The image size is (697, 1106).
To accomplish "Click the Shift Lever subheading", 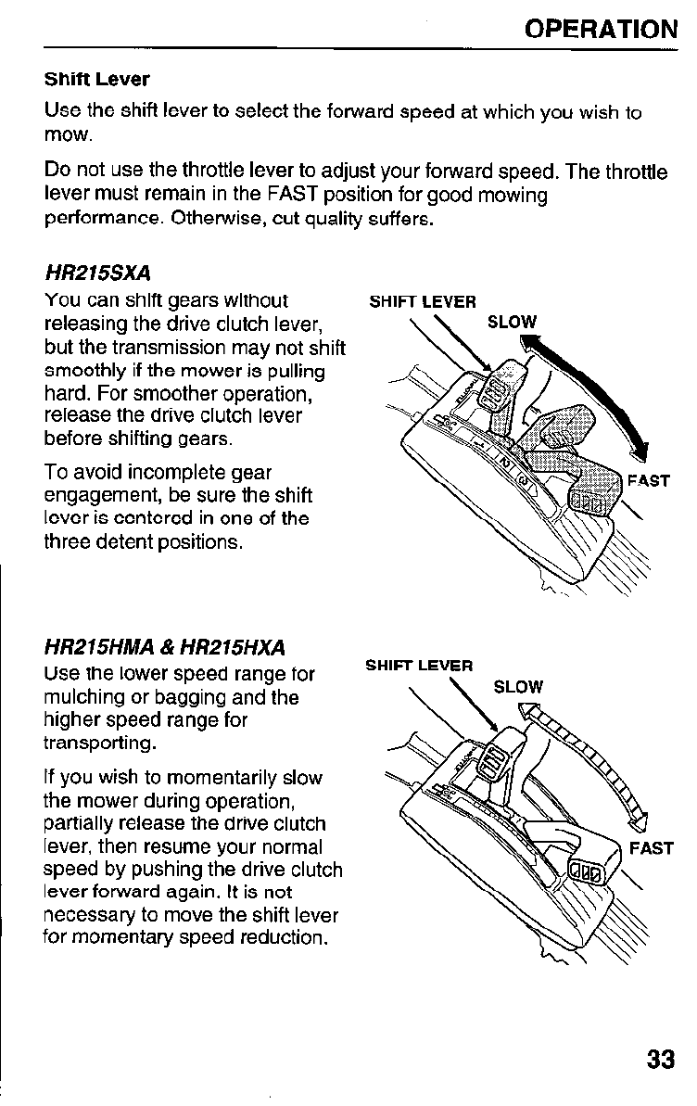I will pos(96,79).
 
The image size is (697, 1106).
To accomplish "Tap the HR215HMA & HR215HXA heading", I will pos(165,647).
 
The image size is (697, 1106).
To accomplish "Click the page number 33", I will pos(659,1060).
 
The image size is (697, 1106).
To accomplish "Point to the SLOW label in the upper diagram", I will pos(512,323).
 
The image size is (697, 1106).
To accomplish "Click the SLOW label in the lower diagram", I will pos(518,687).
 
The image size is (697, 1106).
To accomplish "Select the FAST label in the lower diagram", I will pos(651,848).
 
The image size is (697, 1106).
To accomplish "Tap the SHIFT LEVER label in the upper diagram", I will pos(423,301).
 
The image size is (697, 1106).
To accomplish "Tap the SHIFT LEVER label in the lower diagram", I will pos(419,666).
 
